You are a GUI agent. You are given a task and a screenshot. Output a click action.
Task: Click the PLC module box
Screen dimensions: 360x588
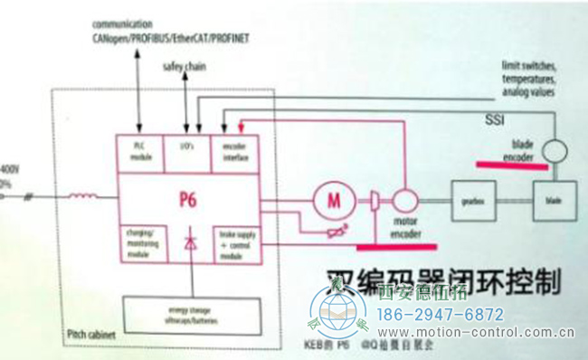click(139, 154)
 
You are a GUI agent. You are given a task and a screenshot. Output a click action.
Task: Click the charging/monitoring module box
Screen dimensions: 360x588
click(139, 242)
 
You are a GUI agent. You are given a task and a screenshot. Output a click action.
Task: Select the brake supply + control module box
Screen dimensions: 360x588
click(233, 242)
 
